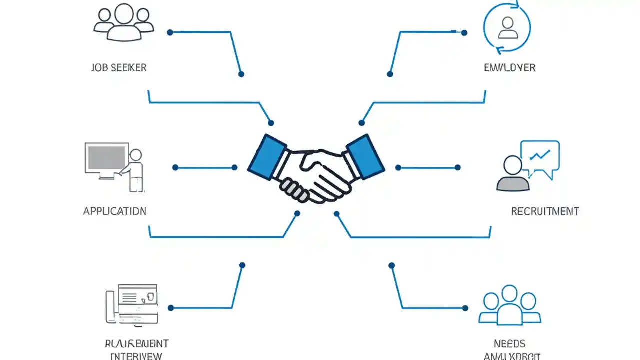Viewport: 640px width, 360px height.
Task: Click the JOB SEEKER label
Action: pos(119,68)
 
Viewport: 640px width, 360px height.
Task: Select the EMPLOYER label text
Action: pos(509,68)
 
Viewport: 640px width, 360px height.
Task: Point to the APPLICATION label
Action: pos(115,211)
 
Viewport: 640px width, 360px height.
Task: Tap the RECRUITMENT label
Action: pos(545,211)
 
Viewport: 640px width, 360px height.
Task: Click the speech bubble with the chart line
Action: pos(540,157)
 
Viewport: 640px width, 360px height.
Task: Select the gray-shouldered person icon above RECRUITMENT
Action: pos(513,175)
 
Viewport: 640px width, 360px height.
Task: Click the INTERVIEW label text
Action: pos(136,356)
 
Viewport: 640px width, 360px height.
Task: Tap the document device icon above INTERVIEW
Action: pos(132,304)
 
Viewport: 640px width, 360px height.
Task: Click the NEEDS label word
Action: pos(509,344)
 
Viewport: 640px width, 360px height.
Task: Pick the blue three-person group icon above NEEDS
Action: pos(509,306)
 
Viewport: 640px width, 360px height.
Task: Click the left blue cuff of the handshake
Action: pos(267,157)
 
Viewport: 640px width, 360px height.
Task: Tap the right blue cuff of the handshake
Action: pos(365,157)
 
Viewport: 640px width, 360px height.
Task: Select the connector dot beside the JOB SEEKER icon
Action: pos(170,32)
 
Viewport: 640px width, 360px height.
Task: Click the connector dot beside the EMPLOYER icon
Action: pos(464,33)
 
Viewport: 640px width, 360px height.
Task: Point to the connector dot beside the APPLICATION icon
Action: pos(175,168)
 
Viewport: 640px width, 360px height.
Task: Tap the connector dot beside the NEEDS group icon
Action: pos(465,308)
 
